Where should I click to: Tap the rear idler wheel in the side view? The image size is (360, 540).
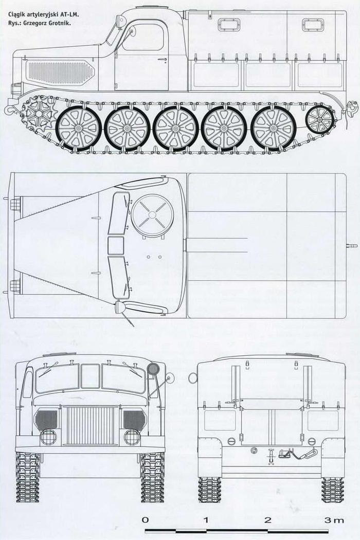pos(319,120)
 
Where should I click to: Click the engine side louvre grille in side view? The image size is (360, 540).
pos(59,73)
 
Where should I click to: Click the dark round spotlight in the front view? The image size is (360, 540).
pos(153,369)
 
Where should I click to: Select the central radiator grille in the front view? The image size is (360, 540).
pos(91,425)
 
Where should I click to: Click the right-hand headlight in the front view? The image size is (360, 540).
pos(132,437)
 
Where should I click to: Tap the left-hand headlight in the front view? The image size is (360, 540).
pos(48,437)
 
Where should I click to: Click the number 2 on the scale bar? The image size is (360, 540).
pos(267,519)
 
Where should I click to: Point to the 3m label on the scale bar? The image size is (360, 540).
pos(334,519)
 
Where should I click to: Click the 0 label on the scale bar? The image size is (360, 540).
pos(146,519)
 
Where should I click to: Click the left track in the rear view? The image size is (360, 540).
pos(209,490)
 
